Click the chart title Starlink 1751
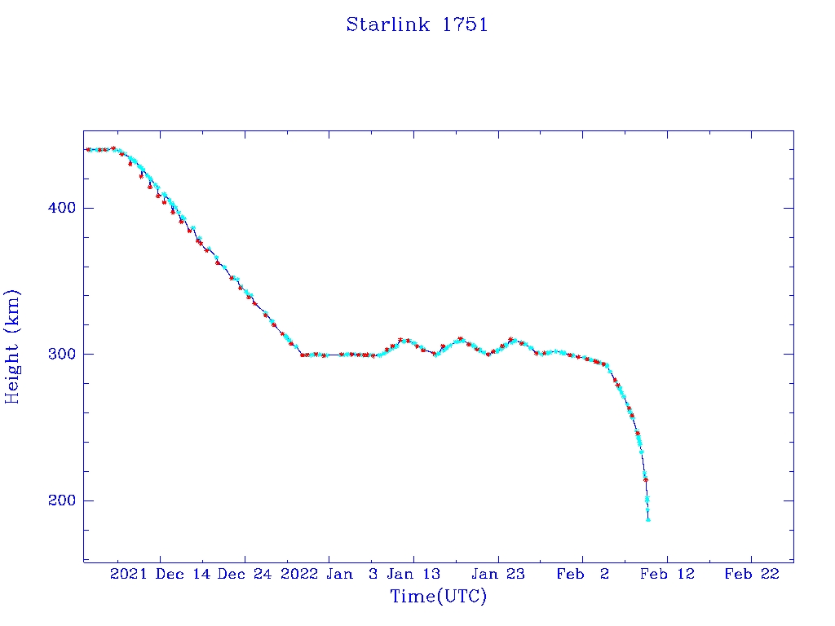tap(417, 24)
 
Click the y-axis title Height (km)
tap(12, 346)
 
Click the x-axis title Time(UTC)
tap(438, 597)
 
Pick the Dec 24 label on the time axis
tap(245, 574)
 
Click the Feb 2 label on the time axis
tap(582, 574)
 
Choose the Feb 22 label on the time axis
tap(751, 574)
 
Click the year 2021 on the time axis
tap(128, 574)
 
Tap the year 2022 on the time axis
tap(298, 574)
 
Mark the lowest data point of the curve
tap(648, 519)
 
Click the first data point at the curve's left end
tap(88, 149)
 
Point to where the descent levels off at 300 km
tap(303, 355)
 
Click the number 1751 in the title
tap(465, 24)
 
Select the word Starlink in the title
tap(389, 24)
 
